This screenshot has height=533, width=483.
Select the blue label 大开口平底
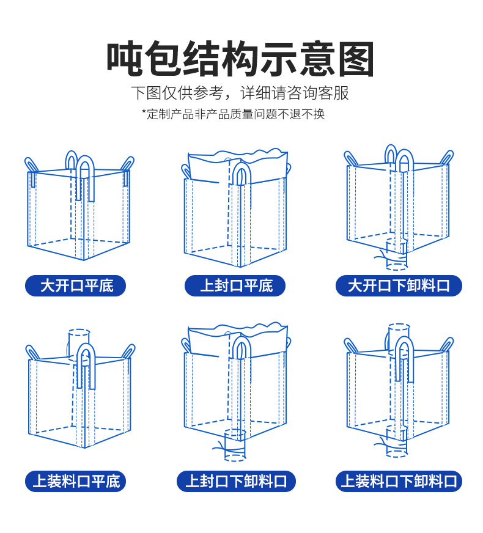(x=76, y=285)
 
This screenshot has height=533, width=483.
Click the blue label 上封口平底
(x=236, y=285)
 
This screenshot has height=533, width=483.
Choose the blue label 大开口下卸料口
(x=399, y=285)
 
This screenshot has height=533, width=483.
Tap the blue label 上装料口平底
(x=76, y=481)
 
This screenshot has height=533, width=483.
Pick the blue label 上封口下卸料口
(x=236, y=481)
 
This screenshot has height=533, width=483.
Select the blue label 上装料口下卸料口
(x=399, y=481)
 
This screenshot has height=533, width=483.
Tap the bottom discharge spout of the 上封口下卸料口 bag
(x=235, y=445)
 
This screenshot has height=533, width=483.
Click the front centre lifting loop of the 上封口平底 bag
(x=240, y=177)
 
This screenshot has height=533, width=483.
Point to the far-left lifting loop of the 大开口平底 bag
(x=31, y=164)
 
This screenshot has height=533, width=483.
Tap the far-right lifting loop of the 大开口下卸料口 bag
(x=446, y=158)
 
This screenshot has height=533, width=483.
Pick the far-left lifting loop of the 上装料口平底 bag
(x=32, y=353)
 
